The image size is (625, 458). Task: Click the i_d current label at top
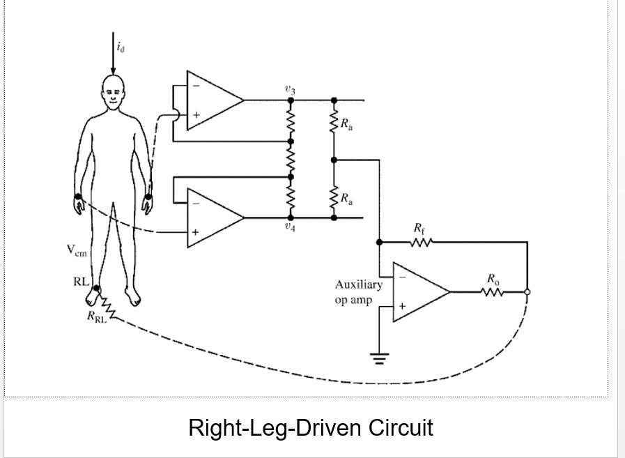click(x=122, y=47)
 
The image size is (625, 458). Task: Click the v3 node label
click(x=290, y=89)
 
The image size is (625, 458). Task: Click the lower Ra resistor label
click(x=346, y=199)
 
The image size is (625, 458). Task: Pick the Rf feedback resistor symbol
click(x=422, y=242)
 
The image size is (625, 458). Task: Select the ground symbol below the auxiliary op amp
click(x=379, y=359)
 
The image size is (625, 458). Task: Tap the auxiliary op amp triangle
click(x=418, y=291)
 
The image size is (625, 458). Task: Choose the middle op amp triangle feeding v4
click(x=213, y=217)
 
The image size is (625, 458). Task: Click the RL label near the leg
click(x=80, y=282)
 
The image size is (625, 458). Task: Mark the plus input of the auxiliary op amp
click(x=402, y=305)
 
